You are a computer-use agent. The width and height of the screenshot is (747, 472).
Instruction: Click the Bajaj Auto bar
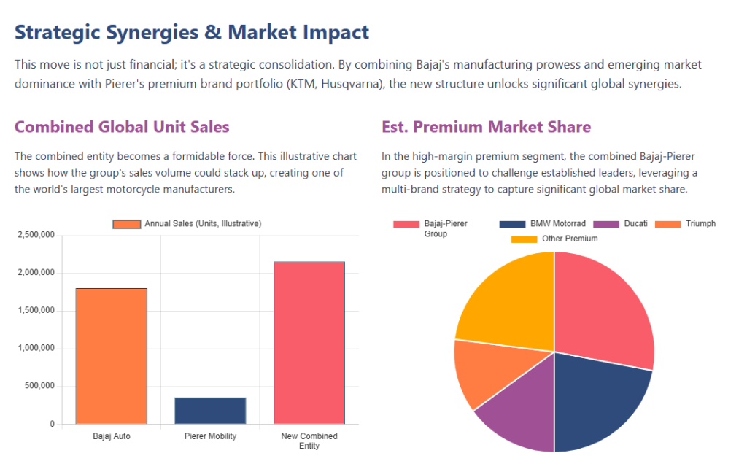[x=111, y=356]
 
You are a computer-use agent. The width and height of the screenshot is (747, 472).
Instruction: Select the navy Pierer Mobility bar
[x=210, y=411]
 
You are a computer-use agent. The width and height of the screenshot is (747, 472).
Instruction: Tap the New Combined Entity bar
[x=309, y=343]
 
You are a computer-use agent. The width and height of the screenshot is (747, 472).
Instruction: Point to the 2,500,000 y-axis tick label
[x=35, y=235]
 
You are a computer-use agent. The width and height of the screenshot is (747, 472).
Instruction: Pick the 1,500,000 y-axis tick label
[x=35, y=311]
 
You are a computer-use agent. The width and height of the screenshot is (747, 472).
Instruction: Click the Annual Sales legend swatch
[x=126, y=224]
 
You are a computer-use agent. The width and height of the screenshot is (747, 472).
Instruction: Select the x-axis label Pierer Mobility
[x=210, y=436]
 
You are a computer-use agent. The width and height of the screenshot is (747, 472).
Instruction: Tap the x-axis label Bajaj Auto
[x=112, y=436]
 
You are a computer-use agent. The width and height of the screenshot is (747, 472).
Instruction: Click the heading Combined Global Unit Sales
[x=122, y=127]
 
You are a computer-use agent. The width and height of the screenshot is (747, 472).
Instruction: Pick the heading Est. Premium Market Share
[x=486, y=127]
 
